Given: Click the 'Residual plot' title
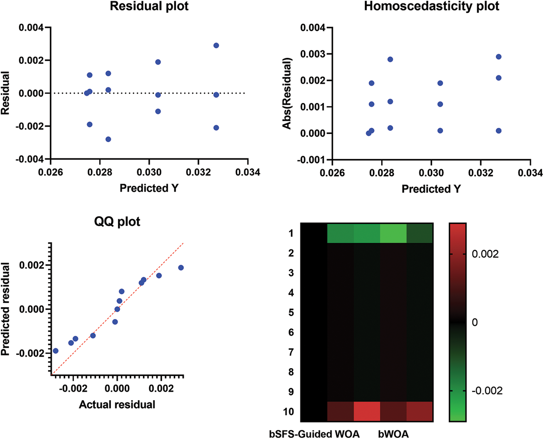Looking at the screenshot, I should [149, 6].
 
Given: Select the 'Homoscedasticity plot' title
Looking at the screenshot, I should [431, 6].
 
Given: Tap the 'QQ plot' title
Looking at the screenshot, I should [117, 221].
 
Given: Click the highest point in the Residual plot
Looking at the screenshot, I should [216, 45].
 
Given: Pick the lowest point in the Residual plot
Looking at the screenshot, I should [108, 139].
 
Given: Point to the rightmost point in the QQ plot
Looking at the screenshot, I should [181, 268].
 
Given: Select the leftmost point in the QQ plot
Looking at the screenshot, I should [56, 351].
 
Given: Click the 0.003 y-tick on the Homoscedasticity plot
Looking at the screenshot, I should [313, 54].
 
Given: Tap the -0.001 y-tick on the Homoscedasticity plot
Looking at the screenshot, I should [312, 160].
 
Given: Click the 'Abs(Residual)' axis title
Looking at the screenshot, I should [287, 93].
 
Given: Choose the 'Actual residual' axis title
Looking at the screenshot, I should [117, 404].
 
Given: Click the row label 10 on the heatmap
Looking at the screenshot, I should [289, 412].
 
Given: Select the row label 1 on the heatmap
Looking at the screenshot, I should [291, 233].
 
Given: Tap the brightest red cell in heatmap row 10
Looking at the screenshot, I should [367, 412].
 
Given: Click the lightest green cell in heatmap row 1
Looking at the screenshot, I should [393, 233].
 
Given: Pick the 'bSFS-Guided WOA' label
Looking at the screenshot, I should [314, 434].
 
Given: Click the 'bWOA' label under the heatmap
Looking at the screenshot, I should [393, 434].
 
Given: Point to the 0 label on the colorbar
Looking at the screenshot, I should [475, 322].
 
